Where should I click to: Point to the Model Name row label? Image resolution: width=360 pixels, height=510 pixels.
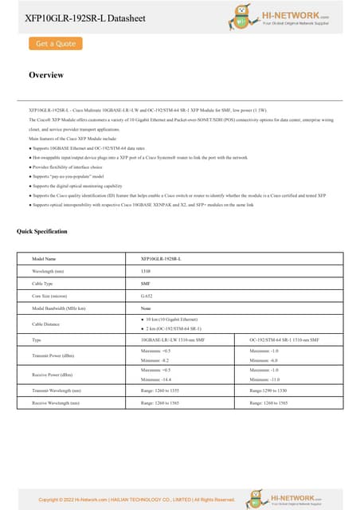pos(44,259)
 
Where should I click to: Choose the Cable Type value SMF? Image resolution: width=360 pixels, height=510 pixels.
pos(146,283)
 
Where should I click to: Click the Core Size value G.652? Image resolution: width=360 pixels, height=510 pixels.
pos(147,295)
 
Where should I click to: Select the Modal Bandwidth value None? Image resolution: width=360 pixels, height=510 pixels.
pos(146,307)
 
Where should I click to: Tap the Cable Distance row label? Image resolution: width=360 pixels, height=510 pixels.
pos(48,324)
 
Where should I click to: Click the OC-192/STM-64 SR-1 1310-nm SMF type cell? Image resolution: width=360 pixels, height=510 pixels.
pos(284,339)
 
